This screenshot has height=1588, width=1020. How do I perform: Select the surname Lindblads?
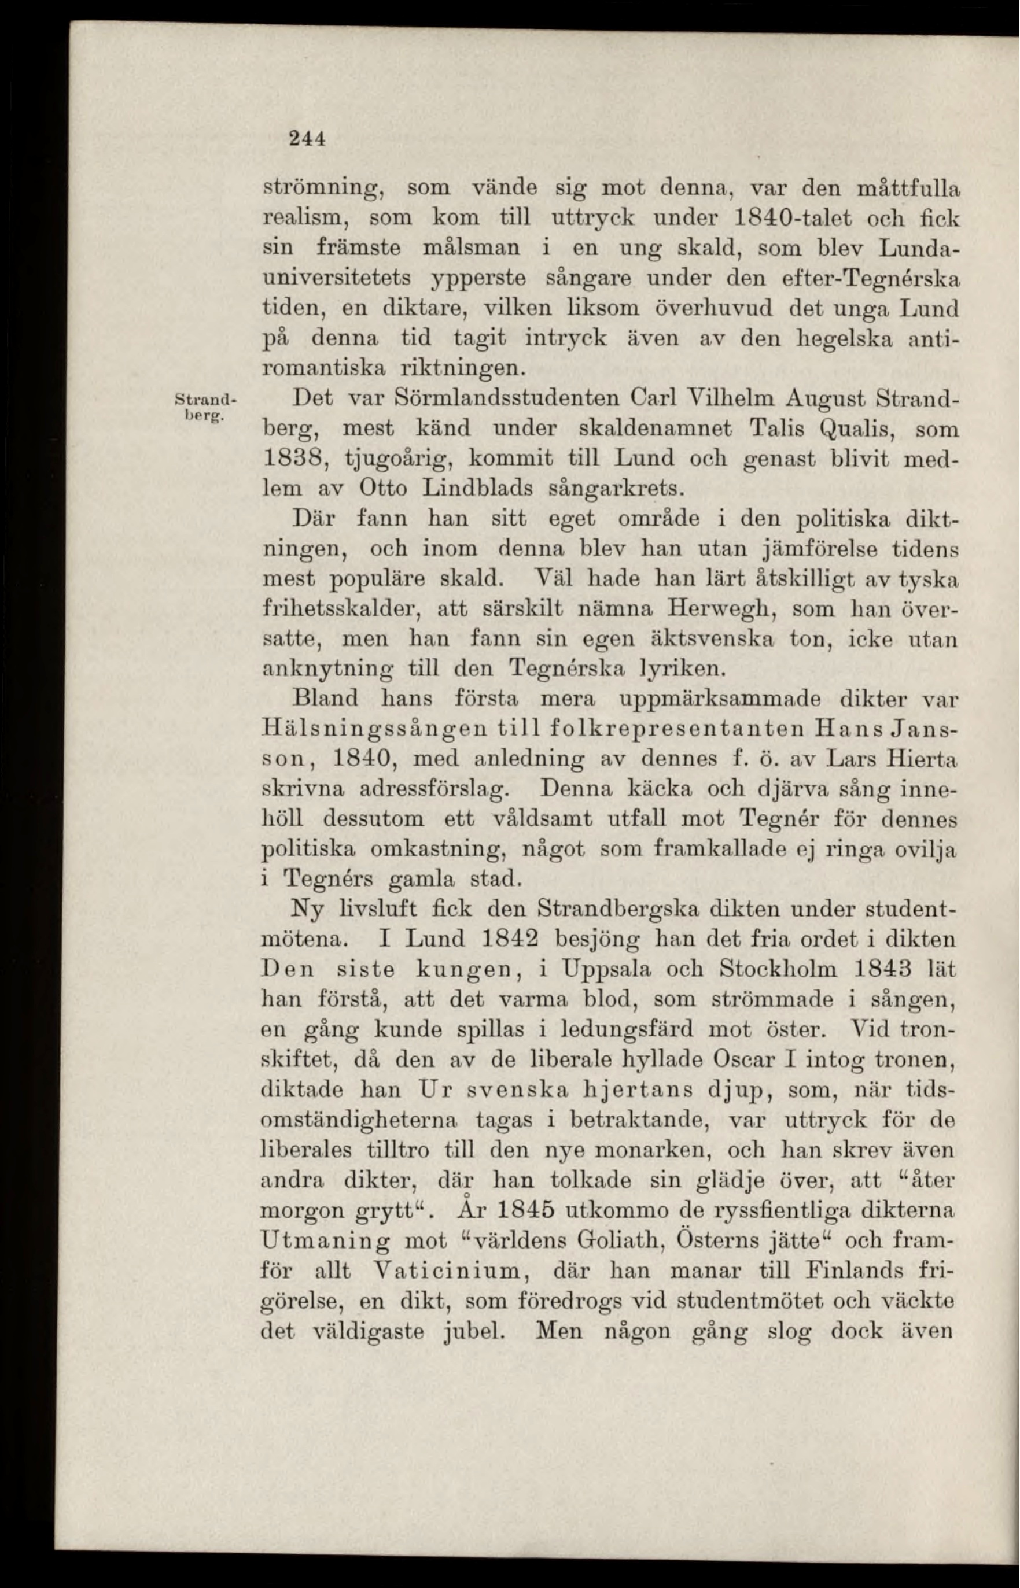[471, 489]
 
